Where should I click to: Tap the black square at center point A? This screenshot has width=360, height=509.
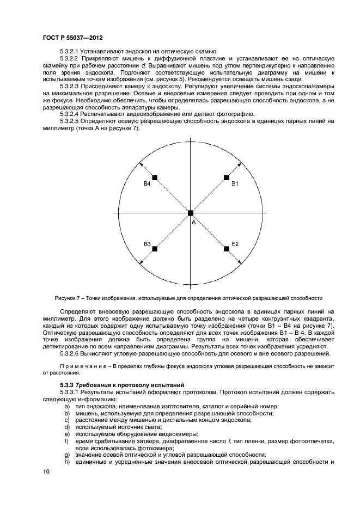191,213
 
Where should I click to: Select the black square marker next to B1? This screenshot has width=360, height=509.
227,177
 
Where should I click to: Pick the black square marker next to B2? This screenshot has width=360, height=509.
227,249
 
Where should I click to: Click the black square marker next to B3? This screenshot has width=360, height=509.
155,249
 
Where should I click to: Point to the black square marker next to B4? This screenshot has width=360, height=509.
155,177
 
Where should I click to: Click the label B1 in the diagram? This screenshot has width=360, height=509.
235,185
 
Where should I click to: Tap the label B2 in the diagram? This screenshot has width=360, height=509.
235,243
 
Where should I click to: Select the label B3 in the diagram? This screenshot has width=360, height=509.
147,243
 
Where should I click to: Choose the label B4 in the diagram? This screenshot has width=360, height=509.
147,185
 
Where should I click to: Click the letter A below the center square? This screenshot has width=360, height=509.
192,222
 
